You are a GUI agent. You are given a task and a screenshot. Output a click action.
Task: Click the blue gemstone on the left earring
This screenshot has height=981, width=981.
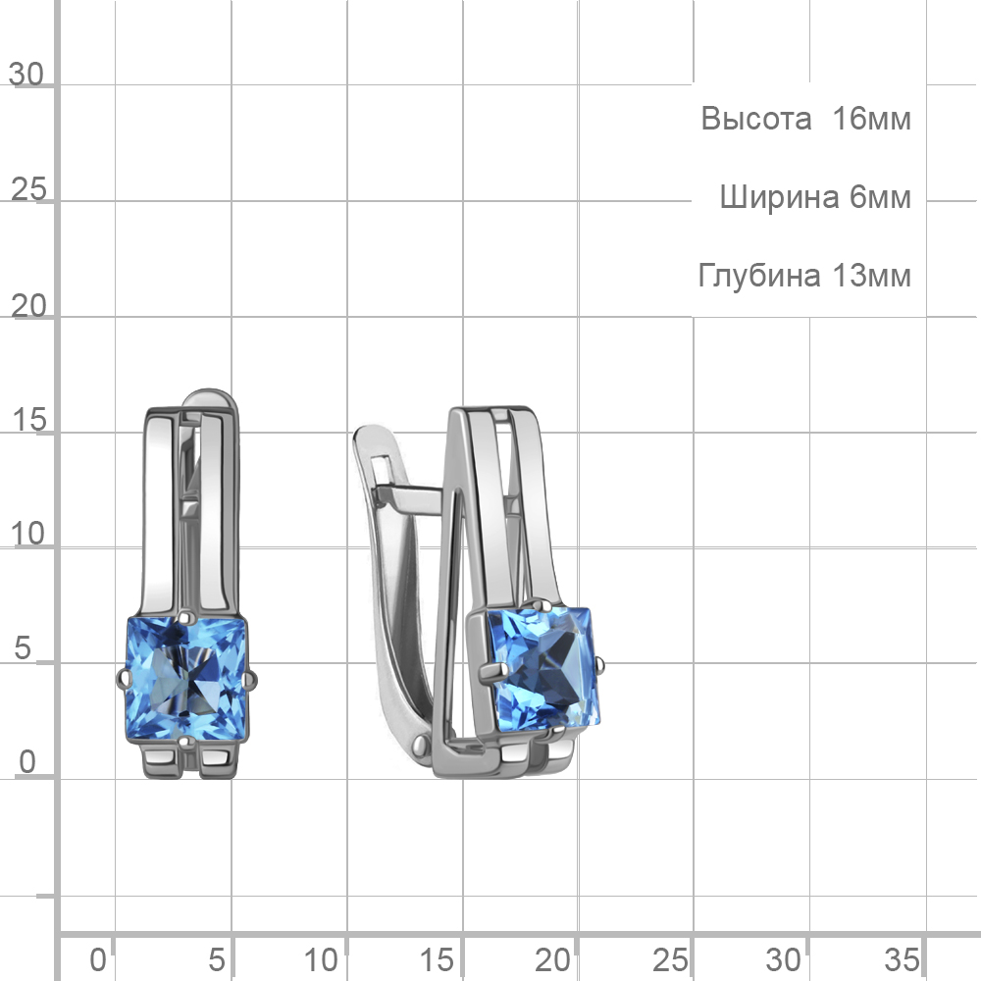coord(187,679)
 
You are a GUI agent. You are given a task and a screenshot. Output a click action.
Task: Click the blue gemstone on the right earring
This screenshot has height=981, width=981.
coord(543,669)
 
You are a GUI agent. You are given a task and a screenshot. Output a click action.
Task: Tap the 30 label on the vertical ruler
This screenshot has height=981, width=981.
coord(26,75)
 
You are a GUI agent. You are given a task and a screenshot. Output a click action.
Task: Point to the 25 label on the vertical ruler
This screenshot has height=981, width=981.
coord(28,189)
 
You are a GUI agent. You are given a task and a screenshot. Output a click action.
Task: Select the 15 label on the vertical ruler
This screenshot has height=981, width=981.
coord(28,420)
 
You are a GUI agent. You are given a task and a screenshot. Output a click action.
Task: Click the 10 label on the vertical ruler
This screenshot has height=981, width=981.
coord(28,535)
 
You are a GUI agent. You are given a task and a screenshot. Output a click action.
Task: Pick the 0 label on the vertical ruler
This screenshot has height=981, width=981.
coord(27,762)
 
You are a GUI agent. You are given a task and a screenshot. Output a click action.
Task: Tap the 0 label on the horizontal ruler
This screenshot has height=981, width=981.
coord(97,960)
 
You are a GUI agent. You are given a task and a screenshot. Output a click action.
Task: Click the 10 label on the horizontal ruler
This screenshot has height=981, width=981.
coord(321,960)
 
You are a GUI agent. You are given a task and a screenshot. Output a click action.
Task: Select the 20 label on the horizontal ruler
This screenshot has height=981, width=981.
coord(552,960)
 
